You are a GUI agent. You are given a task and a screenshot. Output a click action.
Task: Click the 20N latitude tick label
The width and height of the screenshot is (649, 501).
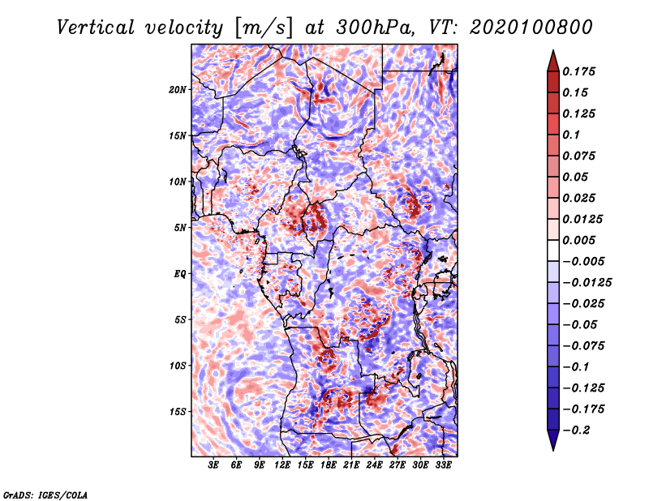(178, 90)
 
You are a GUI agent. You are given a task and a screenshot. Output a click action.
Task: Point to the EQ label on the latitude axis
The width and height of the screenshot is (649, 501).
(180, 274)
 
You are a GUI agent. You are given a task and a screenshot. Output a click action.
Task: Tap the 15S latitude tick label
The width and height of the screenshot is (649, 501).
(178, 412)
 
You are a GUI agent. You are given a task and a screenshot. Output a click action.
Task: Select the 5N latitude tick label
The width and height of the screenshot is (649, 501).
(180, 228)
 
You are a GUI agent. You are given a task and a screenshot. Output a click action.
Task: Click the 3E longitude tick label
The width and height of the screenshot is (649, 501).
(213, 465)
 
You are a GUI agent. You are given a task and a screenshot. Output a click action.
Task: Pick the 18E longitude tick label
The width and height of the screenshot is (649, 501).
(329, 465)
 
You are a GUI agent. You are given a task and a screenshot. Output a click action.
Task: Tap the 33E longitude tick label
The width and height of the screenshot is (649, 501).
(443, 465)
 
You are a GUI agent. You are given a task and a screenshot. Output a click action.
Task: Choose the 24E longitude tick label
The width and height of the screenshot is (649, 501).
(374, 465)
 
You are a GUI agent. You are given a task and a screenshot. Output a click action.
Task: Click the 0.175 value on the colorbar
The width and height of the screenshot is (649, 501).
(579, 71)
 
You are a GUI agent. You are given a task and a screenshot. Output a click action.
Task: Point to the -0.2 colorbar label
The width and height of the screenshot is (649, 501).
(577, 430)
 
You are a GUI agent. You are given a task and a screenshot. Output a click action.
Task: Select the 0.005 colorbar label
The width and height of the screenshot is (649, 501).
(579, 240)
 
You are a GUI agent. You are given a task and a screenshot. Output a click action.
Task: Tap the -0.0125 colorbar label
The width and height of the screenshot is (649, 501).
(587, 283)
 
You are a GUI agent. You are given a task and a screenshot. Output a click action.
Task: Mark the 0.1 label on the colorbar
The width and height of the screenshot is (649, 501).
(571, 135)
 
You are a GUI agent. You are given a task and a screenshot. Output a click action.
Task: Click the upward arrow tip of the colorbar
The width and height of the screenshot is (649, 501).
(553, 50)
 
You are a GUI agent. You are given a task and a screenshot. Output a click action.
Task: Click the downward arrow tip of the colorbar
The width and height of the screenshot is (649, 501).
(553, 450)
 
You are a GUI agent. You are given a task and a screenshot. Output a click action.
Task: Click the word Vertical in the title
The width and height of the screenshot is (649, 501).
(96, 28)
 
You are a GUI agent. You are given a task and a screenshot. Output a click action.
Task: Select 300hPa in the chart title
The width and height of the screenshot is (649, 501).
(375, 28)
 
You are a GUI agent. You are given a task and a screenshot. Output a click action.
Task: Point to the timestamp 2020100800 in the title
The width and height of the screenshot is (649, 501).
(531, 28)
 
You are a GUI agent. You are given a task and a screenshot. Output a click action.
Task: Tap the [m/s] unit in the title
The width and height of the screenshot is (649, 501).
(263, 28)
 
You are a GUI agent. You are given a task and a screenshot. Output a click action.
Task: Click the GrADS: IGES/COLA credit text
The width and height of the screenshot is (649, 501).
(45, 495)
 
